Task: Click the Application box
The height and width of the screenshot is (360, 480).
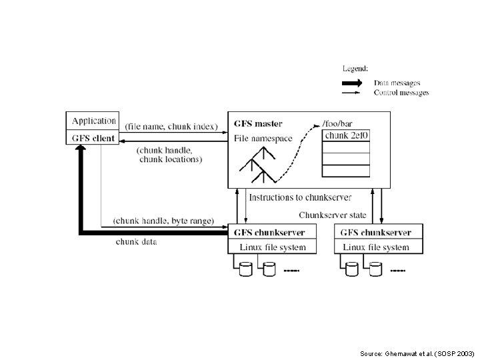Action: point(93,121)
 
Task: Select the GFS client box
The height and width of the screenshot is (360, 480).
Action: point(93,138)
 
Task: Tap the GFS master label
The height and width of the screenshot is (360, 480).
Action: point(258,123)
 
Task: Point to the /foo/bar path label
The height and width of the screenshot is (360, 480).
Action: point(337,123)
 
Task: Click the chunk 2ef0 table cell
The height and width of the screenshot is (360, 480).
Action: point(345,135)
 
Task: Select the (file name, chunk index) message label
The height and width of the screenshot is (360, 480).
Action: point(171,127)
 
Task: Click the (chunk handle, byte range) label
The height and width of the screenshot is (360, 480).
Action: point(163,220)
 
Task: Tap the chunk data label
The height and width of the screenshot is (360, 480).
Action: point(137,241)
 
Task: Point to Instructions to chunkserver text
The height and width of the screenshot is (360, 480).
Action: point(300,197)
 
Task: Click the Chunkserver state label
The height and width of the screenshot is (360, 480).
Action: point(333,215)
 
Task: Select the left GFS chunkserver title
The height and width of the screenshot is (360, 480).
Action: point(269,233)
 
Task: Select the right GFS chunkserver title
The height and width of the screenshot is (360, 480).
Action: point(375,233)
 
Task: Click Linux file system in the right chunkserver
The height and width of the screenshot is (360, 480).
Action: point(376,247)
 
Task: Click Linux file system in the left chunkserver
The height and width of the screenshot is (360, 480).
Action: point(269,247)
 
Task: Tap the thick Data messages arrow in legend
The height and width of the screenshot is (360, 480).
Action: point(352,83)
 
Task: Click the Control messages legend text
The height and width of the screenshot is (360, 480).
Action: point(401,93)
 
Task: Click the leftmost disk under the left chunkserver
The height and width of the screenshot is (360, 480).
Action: point(245,269)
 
